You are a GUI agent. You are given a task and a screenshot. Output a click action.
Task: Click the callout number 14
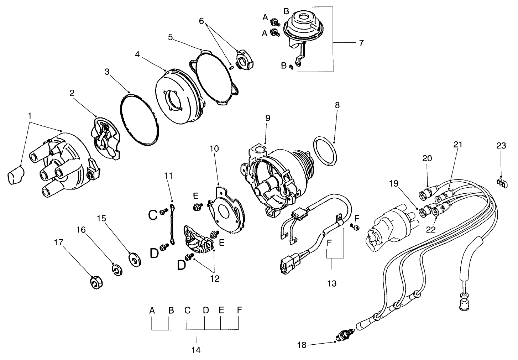point(196,350)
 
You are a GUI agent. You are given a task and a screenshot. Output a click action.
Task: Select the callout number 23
point(501,146)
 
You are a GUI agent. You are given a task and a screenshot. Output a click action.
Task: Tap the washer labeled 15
point(135,259)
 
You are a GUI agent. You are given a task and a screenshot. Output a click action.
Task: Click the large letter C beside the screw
point(153,215)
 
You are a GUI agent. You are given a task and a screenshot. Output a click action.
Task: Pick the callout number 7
point(361,43)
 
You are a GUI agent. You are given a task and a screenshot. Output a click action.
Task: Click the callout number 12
point(215,278)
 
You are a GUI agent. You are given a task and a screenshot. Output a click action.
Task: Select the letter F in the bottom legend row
point(239,310)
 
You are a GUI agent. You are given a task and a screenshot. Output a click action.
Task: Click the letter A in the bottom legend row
point(152,310)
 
